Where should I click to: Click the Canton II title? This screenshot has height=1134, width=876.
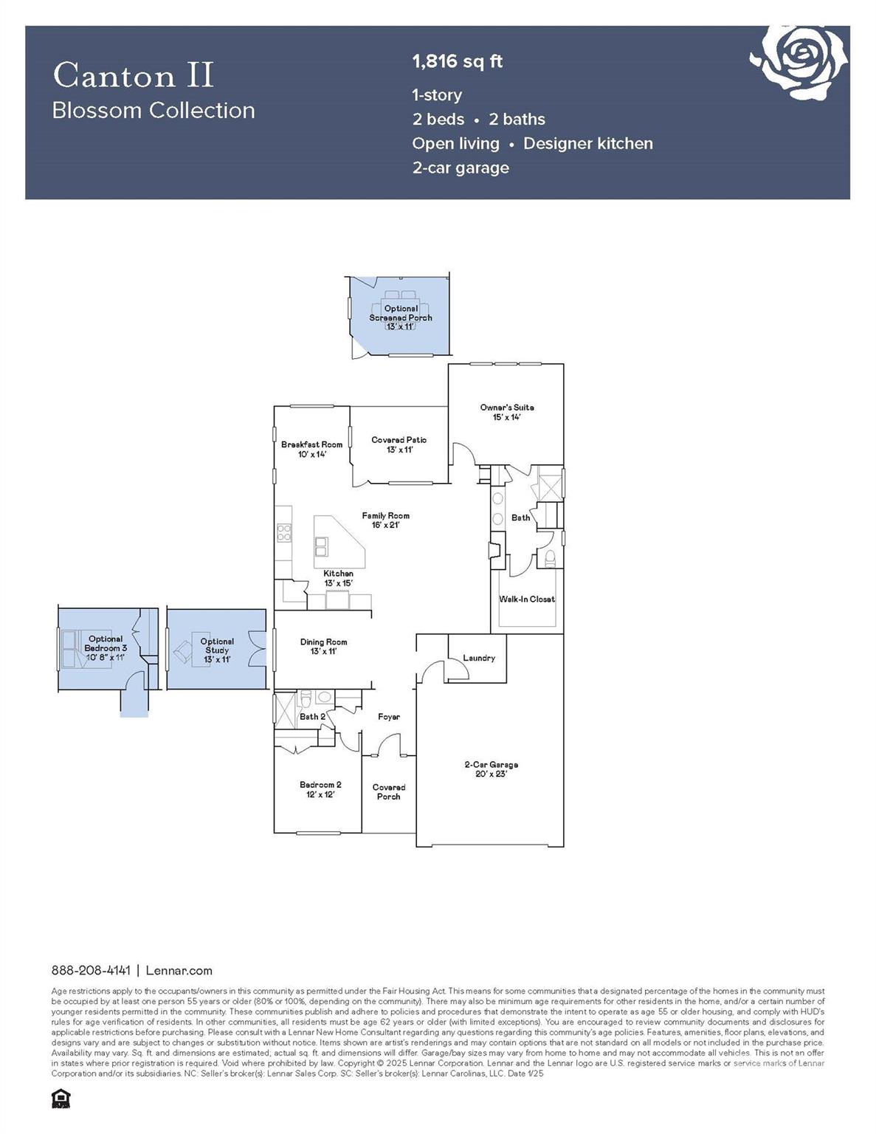[134, 75]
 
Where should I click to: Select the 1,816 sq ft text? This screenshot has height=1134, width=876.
[457, 61]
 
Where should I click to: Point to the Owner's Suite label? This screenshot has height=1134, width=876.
[506, 412]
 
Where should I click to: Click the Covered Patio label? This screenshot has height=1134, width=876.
[399, 444]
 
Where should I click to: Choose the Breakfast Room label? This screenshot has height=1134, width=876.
[311, 450]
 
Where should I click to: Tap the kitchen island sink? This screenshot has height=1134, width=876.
[321, 546]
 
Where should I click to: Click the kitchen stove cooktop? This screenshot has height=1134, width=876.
[284, 532]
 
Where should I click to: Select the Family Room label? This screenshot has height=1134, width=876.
[385, 520]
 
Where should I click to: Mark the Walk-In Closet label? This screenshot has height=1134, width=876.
[526, 599]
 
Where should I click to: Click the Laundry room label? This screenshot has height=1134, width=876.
[479, 658]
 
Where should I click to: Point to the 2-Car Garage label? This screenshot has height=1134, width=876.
[491, 769]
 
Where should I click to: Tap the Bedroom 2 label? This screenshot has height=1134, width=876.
[320, 789]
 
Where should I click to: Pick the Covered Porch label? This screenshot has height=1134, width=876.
[388, 791]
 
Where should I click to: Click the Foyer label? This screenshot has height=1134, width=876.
[389, 717]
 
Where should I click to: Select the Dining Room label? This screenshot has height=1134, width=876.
[323, 647]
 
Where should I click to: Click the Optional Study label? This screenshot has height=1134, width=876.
[217, 650]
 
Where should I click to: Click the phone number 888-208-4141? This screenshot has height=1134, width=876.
[91, 970]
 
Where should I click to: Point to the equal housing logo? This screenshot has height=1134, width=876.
[61, 1099]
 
